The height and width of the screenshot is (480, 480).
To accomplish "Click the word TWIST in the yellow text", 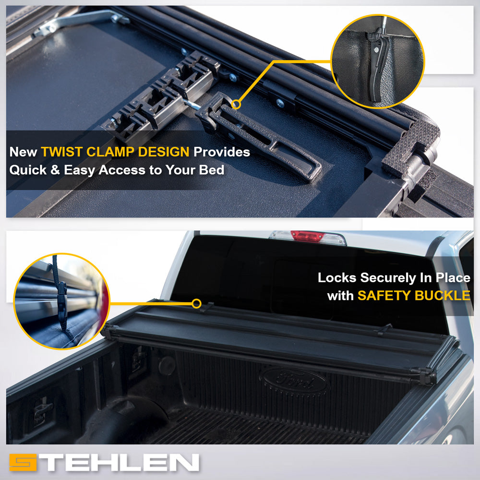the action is point(62,152).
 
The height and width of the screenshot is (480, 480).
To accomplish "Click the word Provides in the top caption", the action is point(222,152).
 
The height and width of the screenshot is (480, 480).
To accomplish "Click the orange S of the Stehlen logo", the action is point(23,462).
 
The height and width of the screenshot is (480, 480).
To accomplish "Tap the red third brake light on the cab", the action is point(307,236).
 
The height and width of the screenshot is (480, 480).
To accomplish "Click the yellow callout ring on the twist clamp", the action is point(236,104).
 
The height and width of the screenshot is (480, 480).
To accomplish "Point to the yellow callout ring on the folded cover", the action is point(196,304).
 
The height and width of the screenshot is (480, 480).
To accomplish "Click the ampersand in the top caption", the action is point(55,170).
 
